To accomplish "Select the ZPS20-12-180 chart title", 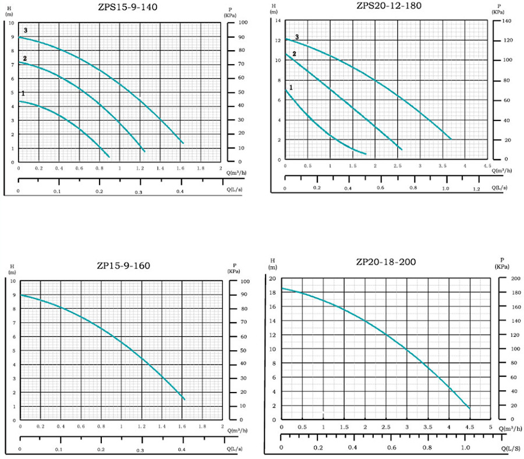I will tap(388, 6).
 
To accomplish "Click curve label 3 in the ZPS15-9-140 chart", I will tap(26, 30).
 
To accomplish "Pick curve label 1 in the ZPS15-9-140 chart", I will tap(23, 93).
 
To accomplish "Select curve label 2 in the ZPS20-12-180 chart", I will tap(294, 54).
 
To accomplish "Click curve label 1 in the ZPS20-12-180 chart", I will tap(291, 87).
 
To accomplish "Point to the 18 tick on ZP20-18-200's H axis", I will tap(272, 292).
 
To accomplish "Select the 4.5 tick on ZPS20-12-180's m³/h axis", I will tap(487, 166).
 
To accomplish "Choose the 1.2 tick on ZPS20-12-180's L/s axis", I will tap(476, 189).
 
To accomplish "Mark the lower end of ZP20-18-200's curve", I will tap(469, 408).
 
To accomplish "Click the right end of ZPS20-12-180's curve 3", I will tap(451, 139).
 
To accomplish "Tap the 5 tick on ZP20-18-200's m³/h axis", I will tap(490, 428).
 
